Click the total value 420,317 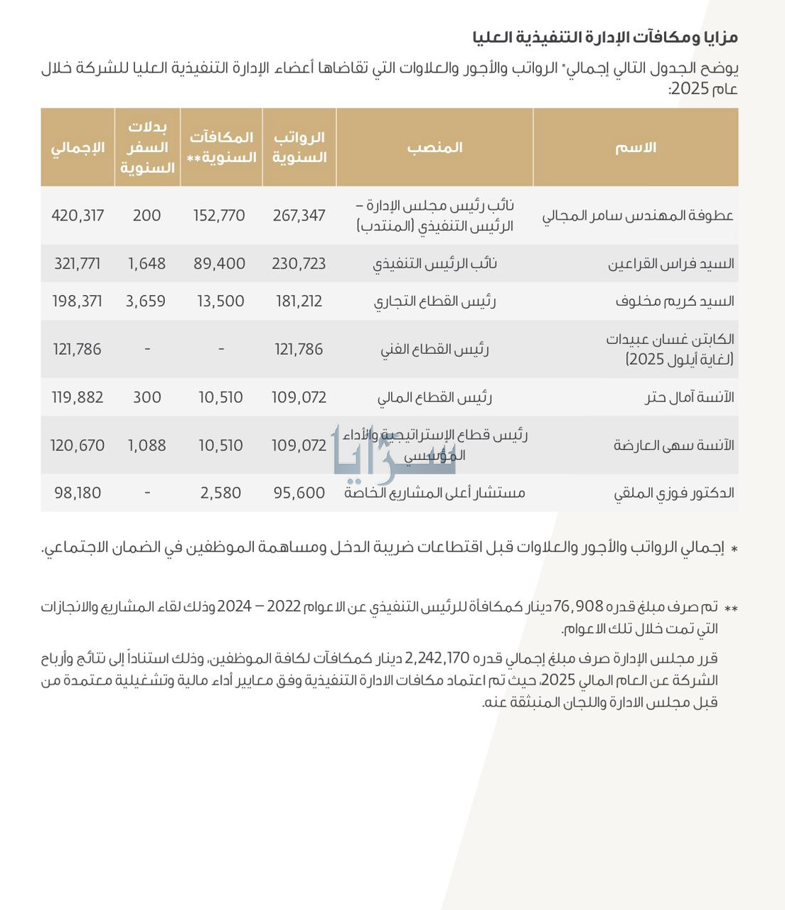(78, 215)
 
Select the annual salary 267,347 (299, 215)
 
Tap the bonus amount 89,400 (220, 264)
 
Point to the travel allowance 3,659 (146, 301)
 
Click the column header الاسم (635, 147)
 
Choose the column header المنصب (434, 147)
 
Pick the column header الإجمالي (78, 147)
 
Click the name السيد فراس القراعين (671, 264)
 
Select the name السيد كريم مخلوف (675, 301)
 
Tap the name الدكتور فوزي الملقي (674, 493)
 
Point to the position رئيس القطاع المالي (434, 397)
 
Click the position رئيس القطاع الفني (434, 349)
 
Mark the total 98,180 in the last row (78, 493)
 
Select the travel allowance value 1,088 (147, 446)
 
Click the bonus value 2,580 (221, 493)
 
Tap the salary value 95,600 (299, 493)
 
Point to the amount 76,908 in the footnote (577, 607)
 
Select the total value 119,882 (78, 397)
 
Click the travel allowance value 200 (147, 215)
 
